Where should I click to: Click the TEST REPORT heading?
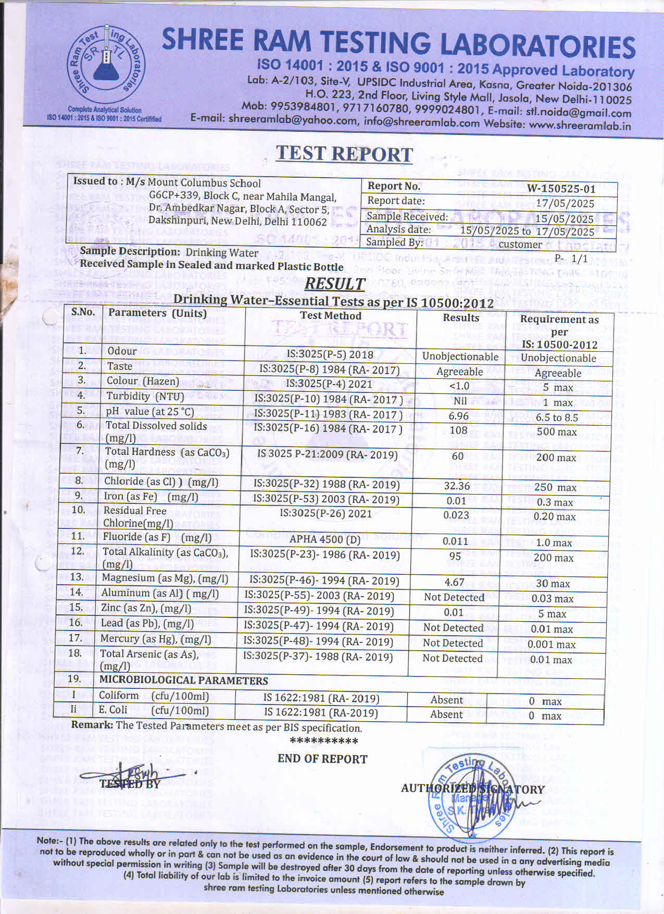click(x=344, y=154)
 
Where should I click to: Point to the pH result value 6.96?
click(x=458, y=416)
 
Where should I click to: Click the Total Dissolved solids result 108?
click(x=458, y=430)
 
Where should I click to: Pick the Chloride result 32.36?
click(x=457, y=486)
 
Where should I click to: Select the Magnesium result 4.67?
click(x=455, y=582)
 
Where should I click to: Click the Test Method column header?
click(x=331, y=315)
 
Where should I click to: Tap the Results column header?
click(x=461, y=317)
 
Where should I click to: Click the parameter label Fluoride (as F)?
click(x=136, y=537)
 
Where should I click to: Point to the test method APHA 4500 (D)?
click(x=325, y=539)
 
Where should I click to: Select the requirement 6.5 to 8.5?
click(x=557, y=417)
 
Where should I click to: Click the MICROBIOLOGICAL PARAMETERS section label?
click(x=183, y=680)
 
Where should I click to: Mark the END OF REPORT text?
click(x=322, y=759)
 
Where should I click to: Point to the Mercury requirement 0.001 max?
click(x=552, y=644)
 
